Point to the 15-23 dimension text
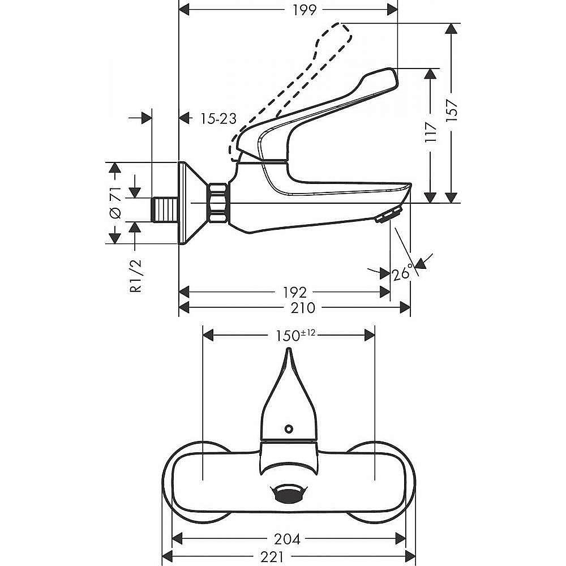(218, 118)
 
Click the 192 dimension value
(294, 292)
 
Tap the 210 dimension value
(303, 308)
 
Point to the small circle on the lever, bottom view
(289, 429)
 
